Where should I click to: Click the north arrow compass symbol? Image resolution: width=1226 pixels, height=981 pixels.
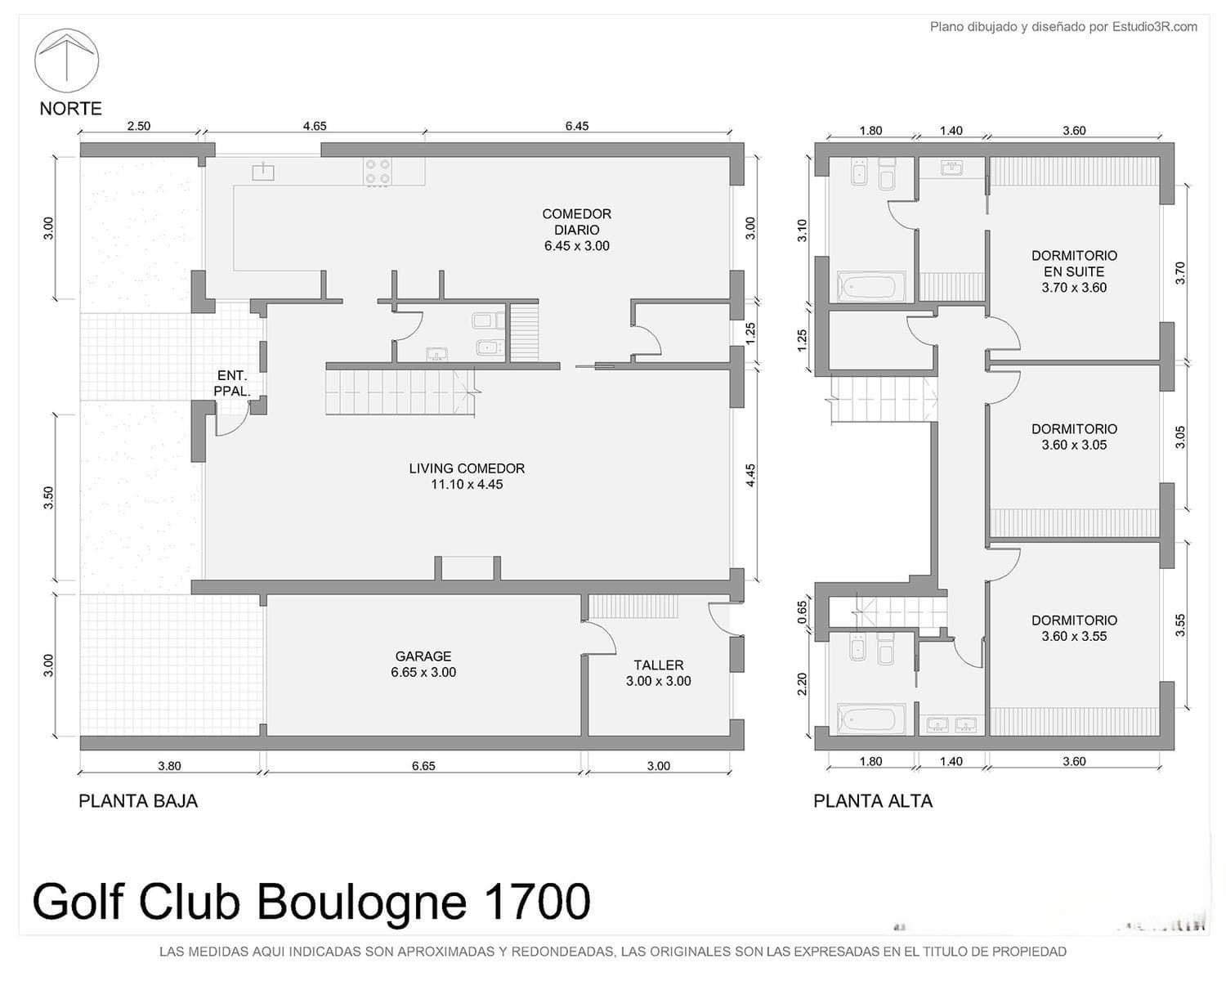[x=67, y=60]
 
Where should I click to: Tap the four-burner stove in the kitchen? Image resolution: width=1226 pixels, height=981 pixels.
[x=378, y=172]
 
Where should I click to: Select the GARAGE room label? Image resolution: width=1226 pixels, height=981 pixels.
[x=423, y=656]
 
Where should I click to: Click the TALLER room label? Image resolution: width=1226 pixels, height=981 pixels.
[x=659, y=665]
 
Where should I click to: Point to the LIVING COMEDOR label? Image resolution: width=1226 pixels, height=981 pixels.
[x=467, y=468]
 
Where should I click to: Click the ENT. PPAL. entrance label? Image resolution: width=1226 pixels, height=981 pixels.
[x=232, y=383]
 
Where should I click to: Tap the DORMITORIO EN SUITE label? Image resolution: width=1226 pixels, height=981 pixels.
[x=1075, y=263]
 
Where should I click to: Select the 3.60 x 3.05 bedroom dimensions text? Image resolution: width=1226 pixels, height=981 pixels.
[x=1075, y=446]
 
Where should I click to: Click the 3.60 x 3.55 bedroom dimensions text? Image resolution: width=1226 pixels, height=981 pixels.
[x=1075, y=637]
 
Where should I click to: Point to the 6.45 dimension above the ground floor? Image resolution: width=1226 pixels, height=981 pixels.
[x=576, y=126]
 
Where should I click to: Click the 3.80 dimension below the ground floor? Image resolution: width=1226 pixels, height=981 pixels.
[x=169, y=765]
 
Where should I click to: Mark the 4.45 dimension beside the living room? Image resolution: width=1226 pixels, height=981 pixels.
[x=750, y=476]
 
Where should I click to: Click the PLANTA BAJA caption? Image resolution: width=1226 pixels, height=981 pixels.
[x=138, y=801]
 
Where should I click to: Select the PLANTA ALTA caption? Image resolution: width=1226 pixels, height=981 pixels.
[x=873, y=801]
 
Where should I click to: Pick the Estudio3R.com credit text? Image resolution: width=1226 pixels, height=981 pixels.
[x=1155, y=27]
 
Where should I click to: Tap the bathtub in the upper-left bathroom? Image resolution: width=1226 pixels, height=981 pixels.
[x=870, y=287]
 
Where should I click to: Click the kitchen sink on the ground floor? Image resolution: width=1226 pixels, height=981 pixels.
[x=263, y=171]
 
